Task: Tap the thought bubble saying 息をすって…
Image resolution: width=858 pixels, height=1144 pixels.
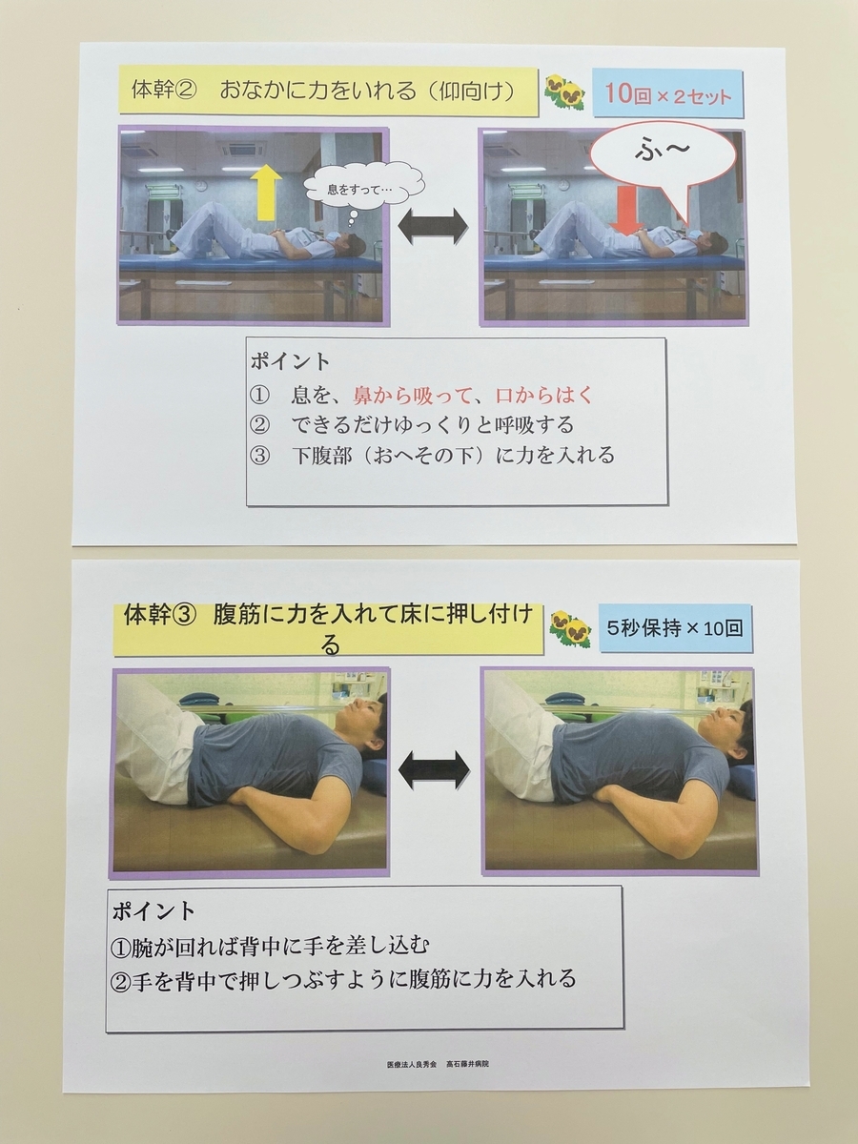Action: coord(364,189)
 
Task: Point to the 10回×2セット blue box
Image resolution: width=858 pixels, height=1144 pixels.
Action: coord(668,94)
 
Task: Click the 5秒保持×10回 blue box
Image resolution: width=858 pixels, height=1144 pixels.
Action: coord(675,628)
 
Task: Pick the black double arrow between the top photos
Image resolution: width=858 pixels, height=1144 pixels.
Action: coord(433,227)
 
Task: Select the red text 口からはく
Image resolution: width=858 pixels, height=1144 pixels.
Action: coord(543,396)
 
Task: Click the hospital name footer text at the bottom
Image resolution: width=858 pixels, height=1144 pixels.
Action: coord(438,1065)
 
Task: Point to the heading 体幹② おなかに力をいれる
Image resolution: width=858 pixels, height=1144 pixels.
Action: coord(323,92)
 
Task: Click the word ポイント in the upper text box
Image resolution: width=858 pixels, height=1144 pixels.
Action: coord(291,361)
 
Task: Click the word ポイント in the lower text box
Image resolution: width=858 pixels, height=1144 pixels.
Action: coord(153,911)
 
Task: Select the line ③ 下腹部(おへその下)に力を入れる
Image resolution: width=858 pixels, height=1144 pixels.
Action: coord(433,456)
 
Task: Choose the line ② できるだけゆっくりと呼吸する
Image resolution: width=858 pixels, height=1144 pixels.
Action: coord(412,425)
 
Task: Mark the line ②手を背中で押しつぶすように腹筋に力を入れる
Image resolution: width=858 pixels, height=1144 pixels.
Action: coord(344,979)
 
